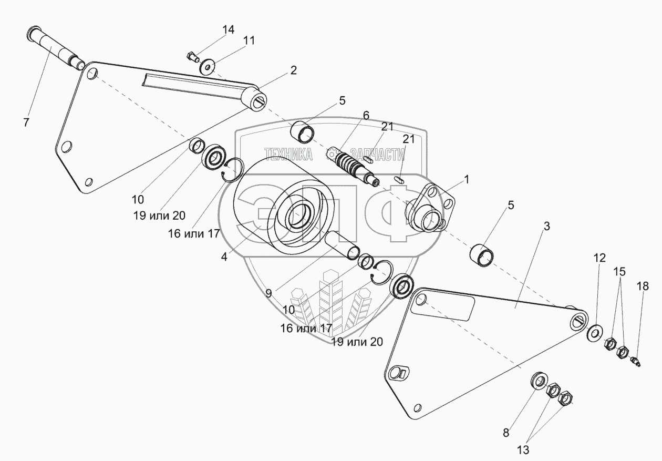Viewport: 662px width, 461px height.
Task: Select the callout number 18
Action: point(643,286)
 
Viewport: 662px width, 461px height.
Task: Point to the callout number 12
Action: point(599,258)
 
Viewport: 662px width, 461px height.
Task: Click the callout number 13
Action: point(523,449)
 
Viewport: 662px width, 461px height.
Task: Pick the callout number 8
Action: point(506,433)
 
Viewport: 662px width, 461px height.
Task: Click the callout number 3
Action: point(547,227)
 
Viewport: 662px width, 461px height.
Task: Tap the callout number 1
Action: point(466,179)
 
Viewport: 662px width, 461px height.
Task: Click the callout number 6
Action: point(366,115)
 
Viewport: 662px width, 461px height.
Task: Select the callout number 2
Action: point(293,70)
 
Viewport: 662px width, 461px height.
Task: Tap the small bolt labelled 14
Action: point(193,55)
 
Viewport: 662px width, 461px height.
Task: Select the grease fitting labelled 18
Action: point(636,362)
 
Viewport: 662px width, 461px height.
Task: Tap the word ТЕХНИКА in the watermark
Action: point(288,154)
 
